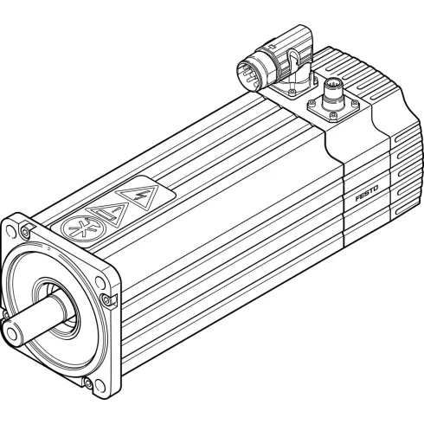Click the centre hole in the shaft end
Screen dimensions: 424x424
click(10, 330)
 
